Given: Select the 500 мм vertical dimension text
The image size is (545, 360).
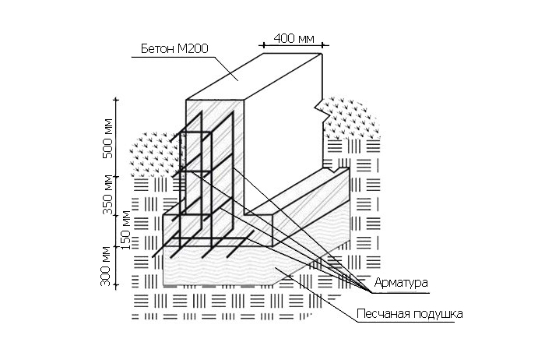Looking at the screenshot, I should [108, 139].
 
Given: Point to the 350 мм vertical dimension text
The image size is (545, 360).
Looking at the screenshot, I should [108, 196].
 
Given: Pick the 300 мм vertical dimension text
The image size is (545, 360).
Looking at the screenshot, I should [108, 266].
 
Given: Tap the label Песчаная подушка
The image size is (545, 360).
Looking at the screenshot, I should [410, 315].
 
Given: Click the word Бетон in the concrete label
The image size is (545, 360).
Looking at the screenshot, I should [156, 49].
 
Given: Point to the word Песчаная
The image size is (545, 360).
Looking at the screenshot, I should [381, 315].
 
